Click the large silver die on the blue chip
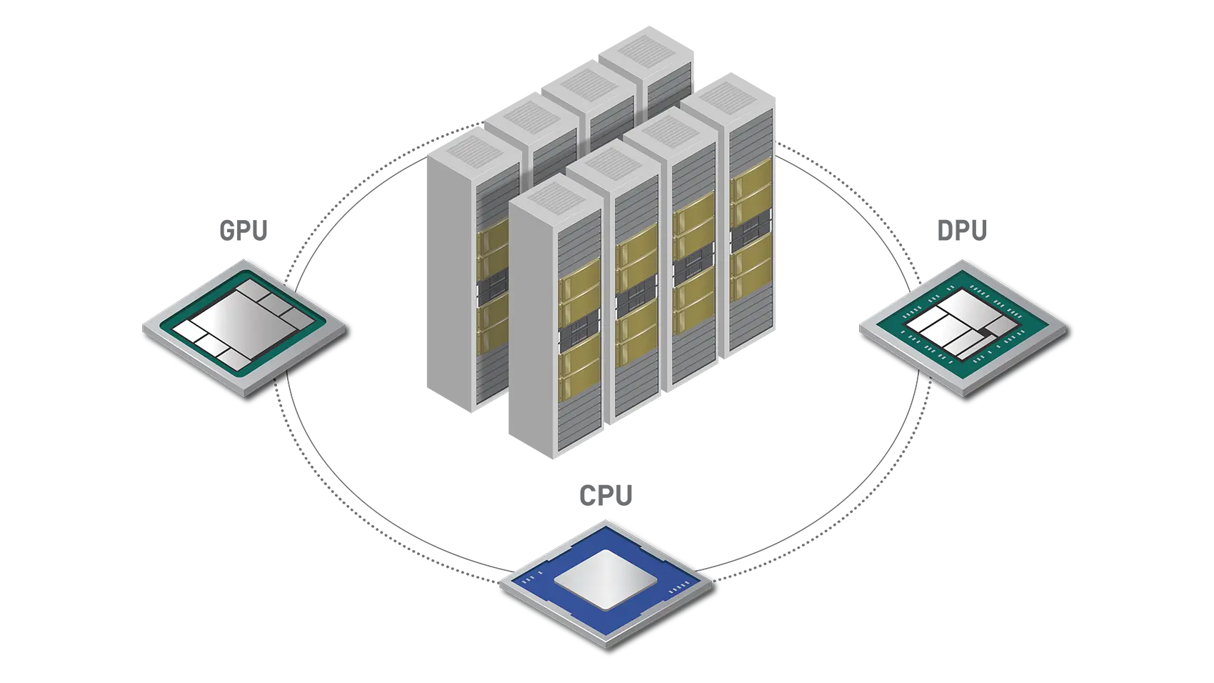[x=605, y=579]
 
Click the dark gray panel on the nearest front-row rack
[x=579, y=336]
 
